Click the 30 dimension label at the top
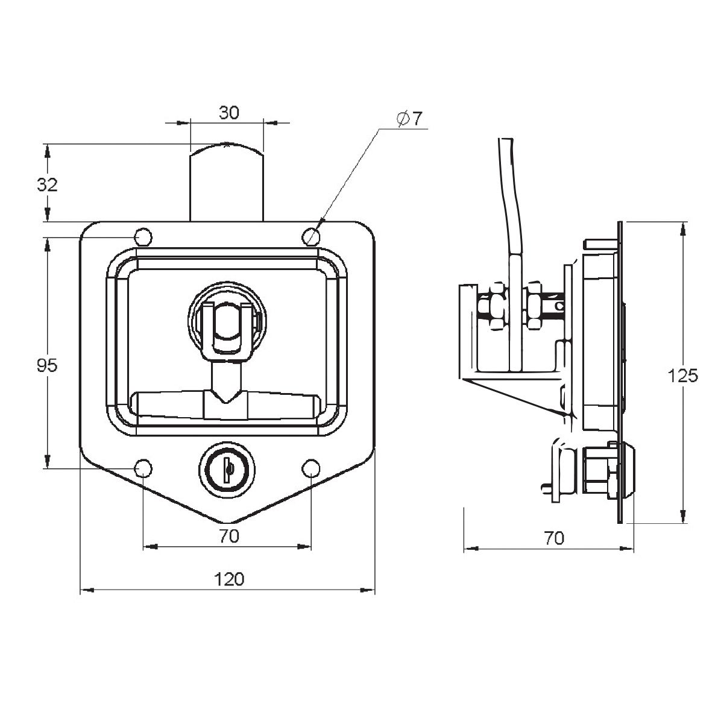coord(229,113)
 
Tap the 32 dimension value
coord(47,185)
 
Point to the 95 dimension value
coord(47,366)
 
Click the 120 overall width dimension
coord(229,579)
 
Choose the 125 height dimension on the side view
coord(683,376)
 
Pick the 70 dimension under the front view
coord(229,536)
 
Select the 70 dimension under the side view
coord(553,538)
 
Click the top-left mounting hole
coord(143,237)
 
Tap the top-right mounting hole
coord(311,237)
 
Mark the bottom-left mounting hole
coord(143,468)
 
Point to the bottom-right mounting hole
coord(311,468)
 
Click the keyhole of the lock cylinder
coord(228,468)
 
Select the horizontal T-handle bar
coord(226,405)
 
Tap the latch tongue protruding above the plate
coord(227,183)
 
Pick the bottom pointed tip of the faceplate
coord(228,523)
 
